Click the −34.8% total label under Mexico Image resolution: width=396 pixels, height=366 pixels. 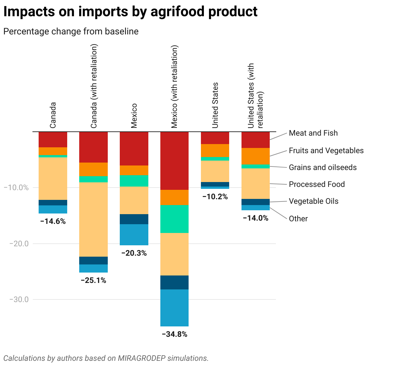(x=175, y=334)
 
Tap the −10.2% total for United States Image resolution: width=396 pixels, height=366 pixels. (x=215, y=197)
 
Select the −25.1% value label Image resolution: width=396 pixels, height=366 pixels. (x=93, y=280)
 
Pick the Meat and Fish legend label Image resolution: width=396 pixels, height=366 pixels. (x=313, y=133)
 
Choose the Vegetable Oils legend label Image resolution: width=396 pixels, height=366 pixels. (x=314, y=201)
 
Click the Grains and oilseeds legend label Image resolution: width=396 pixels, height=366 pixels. (x=323, y=167)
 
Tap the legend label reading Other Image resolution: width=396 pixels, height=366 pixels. (x=298, y=219)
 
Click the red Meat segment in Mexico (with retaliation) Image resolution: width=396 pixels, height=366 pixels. (x=175, y=161)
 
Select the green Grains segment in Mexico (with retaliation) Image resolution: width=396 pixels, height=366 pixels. (x=175, y=219)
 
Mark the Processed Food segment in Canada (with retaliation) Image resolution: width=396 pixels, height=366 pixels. (x=93, y=219)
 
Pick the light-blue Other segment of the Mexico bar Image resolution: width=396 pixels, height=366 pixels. (x=134, y=235)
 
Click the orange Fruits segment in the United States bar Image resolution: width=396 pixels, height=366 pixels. (x=215, y=150)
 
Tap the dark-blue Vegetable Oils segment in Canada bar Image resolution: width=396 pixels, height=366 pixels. (x=53, y=202)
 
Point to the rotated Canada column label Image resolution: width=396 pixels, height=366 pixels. (x=53, y=115)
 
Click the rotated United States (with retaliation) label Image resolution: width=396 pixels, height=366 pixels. (x=255, y=96)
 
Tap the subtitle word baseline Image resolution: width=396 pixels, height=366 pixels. (x=122, y=31)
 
